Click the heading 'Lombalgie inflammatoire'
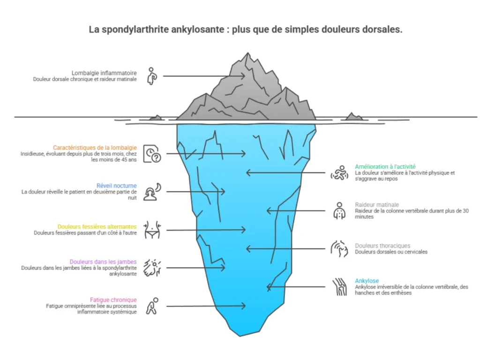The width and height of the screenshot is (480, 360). [104, 73]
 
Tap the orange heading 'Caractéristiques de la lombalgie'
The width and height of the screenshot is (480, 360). [95, 148]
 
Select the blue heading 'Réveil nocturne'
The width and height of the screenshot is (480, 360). [117, 186]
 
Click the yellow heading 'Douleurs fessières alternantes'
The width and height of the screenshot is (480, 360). [97, 226]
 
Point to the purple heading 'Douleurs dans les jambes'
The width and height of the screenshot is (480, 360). [103, 262]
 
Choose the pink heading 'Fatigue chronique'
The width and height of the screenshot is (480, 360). [113, 300]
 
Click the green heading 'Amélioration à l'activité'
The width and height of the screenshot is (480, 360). [385, 166]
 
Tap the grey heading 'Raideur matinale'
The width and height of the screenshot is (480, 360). [377, 204]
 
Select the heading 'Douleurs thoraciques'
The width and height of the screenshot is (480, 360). [382, 246]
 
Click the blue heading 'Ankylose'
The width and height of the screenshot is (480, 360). [367, 281]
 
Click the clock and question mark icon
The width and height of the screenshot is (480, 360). [152, 154]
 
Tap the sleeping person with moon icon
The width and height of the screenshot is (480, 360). [152, 192]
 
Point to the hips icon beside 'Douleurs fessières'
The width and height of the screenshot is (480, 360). [152, 230]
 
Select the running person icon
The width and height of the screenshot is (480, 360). [339, 172]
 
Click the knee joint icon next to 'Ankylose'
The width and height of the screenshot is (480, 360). [339, 287]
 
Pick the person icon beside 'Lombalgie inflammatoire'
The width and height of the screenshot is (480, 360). [152, 76]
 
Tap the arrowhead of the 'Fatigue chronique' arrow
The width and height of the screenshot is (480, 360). [244, 306]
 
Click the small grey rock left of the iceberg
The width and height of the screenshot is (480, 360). [156, 118]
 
